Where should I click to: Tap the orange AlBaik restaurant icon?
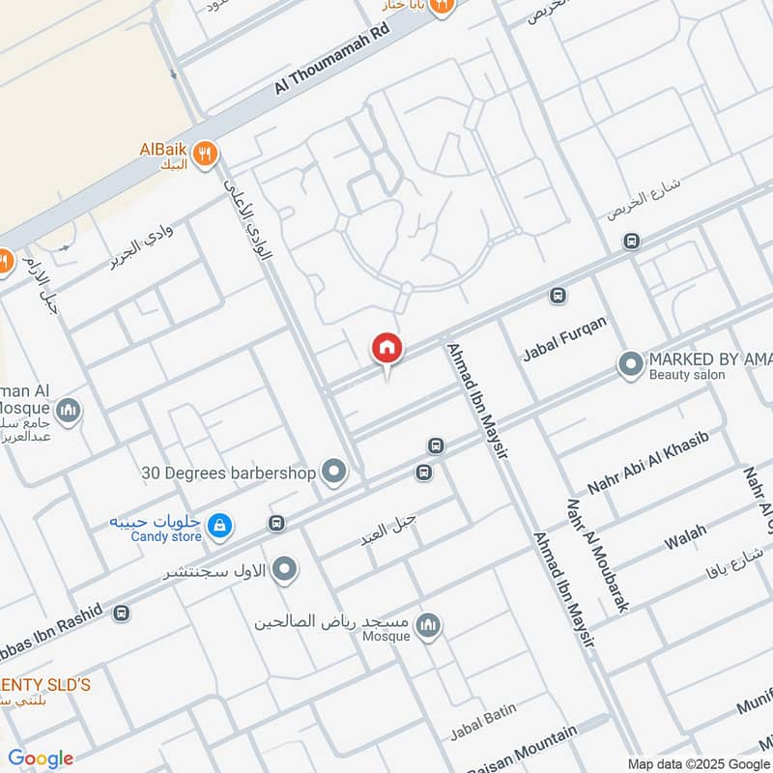[x=204, y=153]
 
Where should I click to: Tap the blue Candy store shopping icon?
[x=220, y=525]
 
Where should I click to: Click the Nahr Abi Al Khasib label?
[x=648, y=464]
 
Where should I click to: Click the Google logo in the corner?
[x=41, y=759]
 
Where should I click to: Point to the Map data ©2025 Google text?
[x=699, y=762]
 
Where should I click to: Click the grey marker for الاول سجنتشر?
[x=284, y=570]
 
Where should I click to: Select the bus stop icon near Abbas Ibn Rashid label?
[x=122, y=613]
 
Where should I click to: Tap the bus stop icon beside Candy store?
[x=277, y=524]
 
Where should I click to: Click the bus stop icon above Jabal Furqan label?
[x=557, y=296]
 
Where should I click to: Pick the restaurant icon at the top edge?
[x=442, y=7]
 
